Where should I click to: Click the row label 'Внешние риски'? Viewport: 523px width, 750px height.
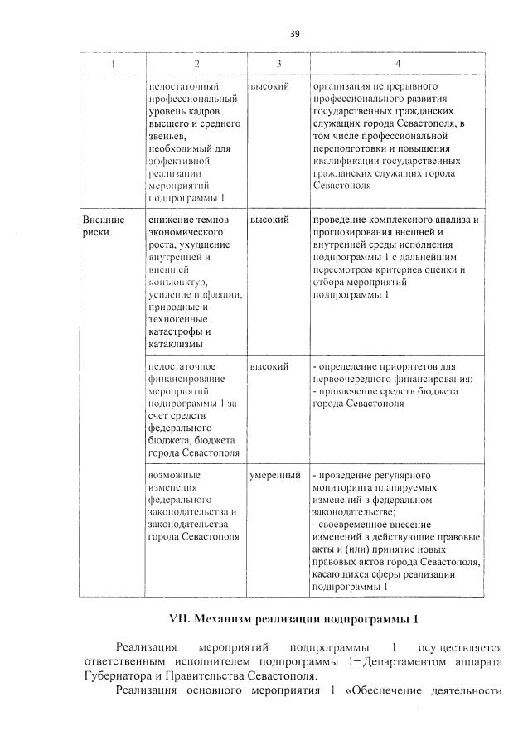pos(104,226)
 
